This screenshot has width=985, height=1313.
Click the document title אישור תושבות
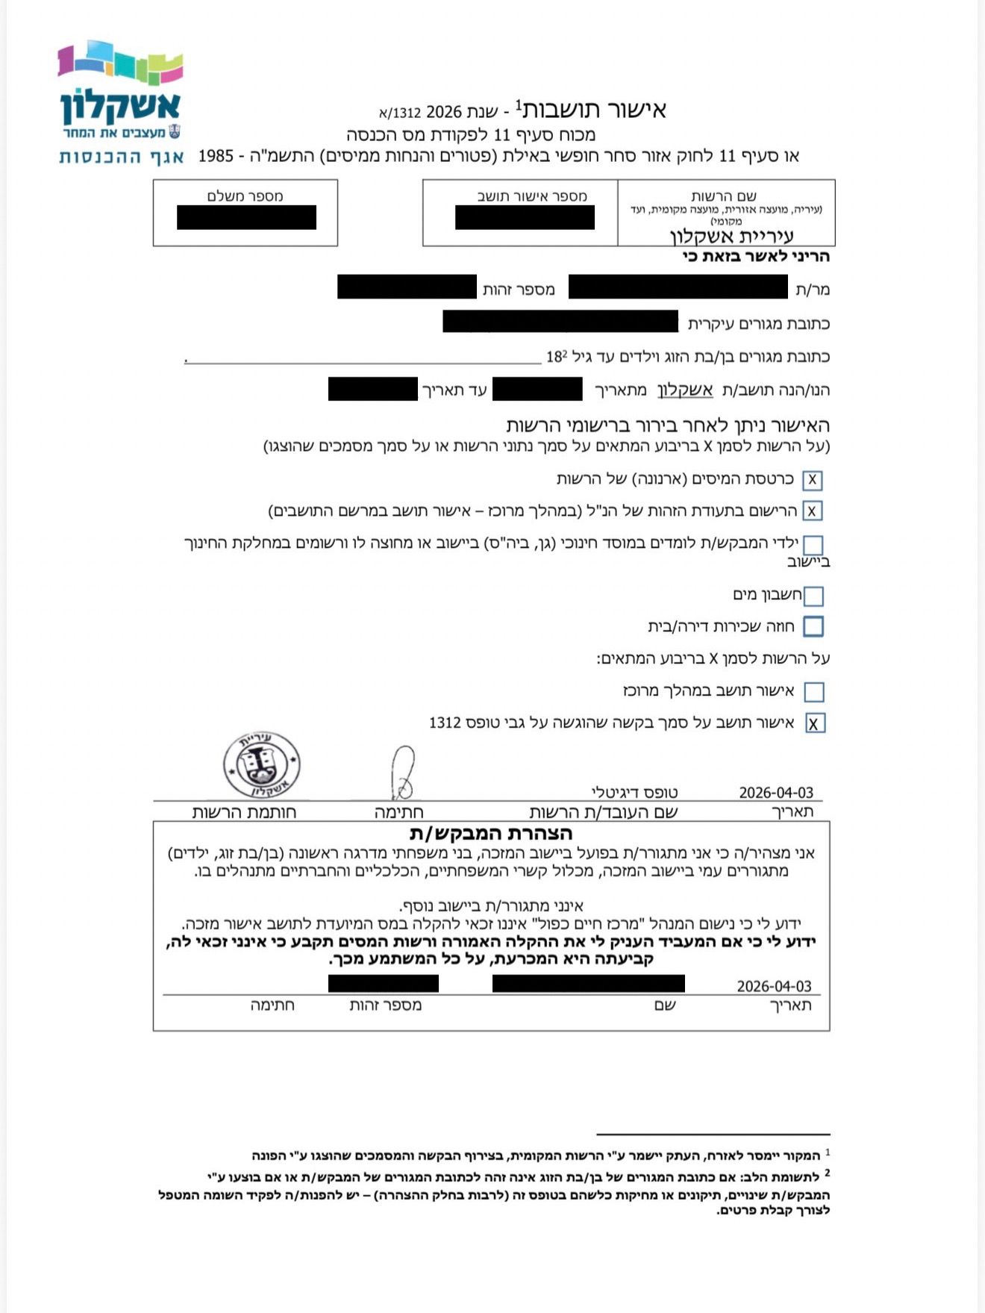pos(593,110)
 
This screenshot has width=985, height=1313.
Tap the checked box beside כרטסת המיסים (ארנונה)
pos(813,480)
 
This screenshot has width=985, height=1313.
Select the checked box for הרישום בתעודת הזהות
pos(813,511)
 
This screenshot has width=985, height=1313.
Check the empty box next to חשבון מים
pos(813,596)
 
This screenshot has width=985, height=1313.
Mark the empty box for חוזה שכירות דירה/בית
pos(813,626)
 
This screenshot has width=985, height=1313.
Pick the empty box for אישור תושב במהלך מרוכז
pos(814,692)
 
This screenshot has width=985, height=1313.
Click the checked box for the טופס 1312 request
pos(814,723)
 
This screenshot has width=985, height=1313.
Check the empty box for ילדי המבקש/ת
pos(813,544)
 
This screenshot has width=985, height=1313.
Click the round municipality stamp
pos(261,764)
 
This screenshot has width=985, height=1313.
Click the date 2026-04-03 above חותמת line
pos(775,793)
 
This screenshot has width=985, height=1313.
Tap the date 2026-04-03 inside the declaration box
pos(774,986)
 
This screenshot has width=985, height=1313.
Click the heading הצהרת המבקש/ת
pos(491,833)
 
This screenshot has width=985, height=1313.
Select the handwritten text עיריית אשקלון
pos(731,237)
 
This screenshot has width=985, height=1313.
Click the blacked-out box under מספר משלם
pos(246,217)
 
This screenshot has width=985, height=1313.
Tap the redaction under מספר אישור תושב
pos(525,217)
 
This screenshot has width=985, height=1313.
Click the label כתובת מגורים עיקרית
pos(758,324)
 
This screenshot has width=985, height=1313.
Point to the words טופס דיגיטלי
pos(634,793)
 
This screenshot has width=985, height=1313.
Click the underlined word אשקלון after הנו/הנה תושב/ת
pos(685,390)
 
